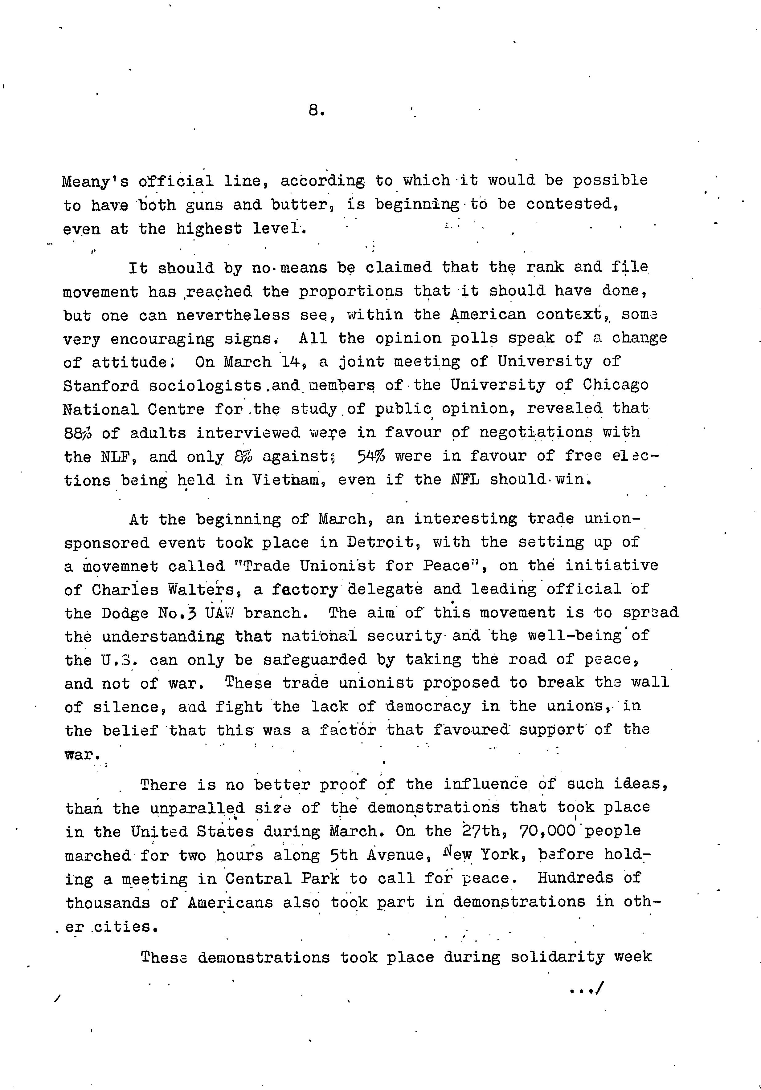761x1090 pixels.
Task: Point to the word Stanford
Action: [101, 386]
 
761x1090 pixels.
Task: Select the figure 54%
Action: [371, 456]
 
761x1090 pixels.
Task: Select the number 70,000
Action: [542, 831]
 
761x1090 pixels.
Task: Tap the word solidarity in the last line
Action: [557, 957]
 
